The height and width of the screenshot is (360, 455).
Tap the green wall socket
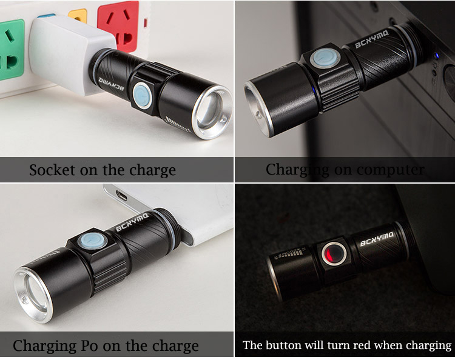(x=11, y=49)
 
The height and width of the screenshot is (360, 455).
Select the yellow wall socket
(x=78, y=16)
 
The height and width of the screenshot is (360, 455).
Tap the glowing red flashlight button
(x=334, y=253)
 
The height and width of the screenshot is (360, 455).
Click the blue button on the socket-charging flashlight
(x=142, y=95)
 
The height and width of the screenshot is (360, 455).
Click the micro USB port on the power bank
(x=121, y=195)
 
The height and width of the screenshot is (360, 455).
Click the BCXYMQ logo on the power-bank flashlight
(x=132, y=222)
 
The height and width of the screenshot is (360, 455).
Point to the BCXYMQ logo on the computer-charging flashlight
(x=372, y=39)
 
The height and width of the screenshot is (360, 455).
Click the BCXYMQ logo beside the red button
(x=377, y=239)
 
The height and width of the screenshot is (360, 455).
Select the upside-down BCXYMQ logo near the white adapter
(x=112, y=84)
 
